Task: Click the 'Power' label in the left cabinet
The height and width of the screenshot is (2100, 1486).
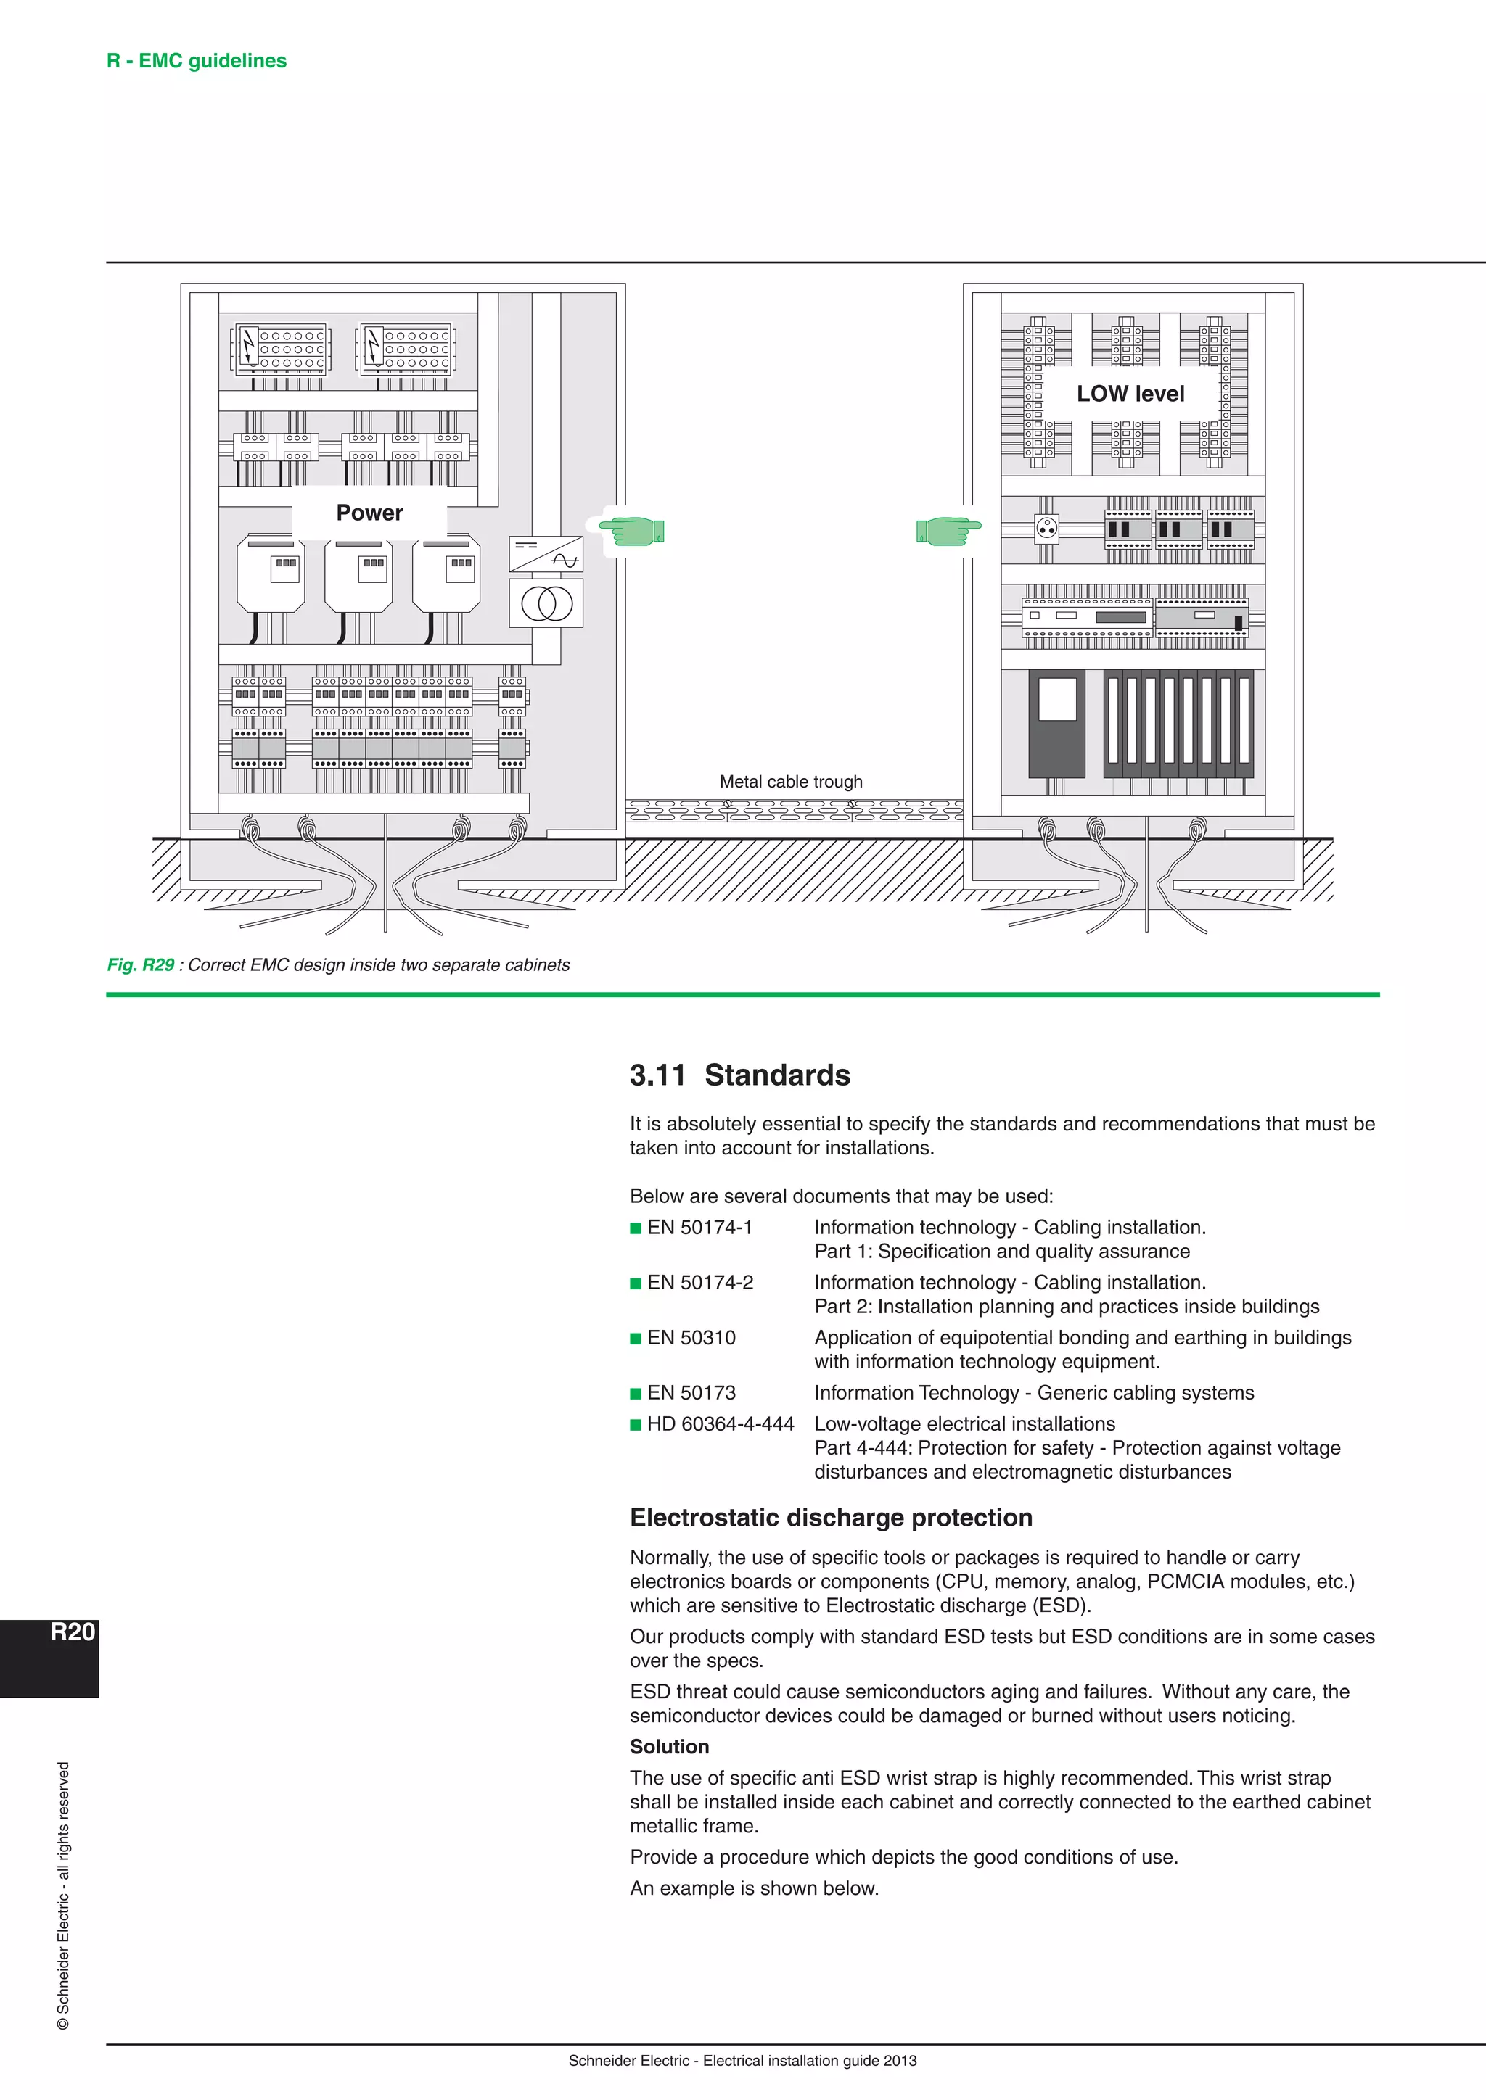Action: pyautogui.click(x=369, y=513)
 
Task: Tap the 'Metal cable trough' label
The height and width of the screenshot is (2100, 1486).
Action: pyautogui.click(x=791, y=782)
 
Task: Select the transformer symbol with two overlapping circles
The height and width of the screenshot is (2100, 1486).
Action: pyautogui.click(x=546, y=603)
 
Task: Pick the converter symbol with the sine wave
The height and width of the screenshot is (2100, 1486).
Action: pyautogui.click(x=546, y=554)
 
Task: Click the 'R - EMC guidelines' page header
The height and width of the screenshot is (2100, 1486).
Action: pyautogui.click(x=197, y=62)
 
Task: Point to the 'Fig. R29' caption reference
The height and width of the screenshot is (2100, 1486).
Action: pyautogui.click(x=140, y=965)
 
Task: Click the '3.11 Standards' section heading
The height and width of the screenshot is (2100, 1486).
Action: pyautogui.click(x=739, y=1075)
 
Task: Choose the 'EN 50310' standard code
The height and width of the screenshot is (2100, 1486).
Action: pyautogui.click(x=691, y=1338)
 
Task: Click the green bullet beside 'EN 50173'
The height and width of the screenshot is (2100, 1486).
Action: pyautogui.click(x=636, y=1394)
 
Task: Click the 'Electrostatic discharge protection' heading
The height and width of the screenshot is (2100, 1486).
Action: pyautogui.click(x=831, y=1518)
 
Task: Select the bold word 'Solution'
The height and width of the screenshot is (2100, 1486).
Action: pyautogui.click(x=669, y=1747)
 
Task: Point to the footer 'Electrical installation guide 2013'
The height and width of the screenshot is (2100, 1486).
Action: pyautogui.click(x=809, y=2061)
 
